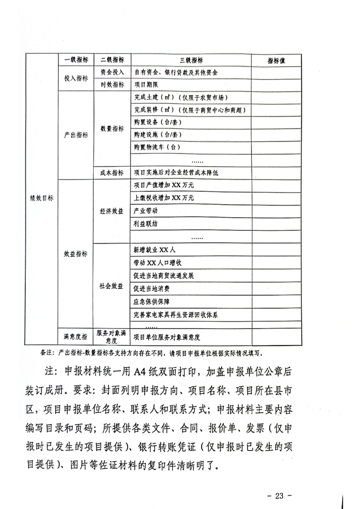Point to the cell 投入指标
coord(76,78)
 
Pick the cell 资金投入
coord(112,72)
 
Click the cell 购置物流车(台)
coord(158,147)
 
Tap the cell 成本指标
coord(112,172)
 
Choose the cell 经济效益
coord(112,211)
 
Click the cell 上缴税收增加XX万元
coord(164,198)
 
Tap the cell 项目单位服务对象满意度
coord(168,337)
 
